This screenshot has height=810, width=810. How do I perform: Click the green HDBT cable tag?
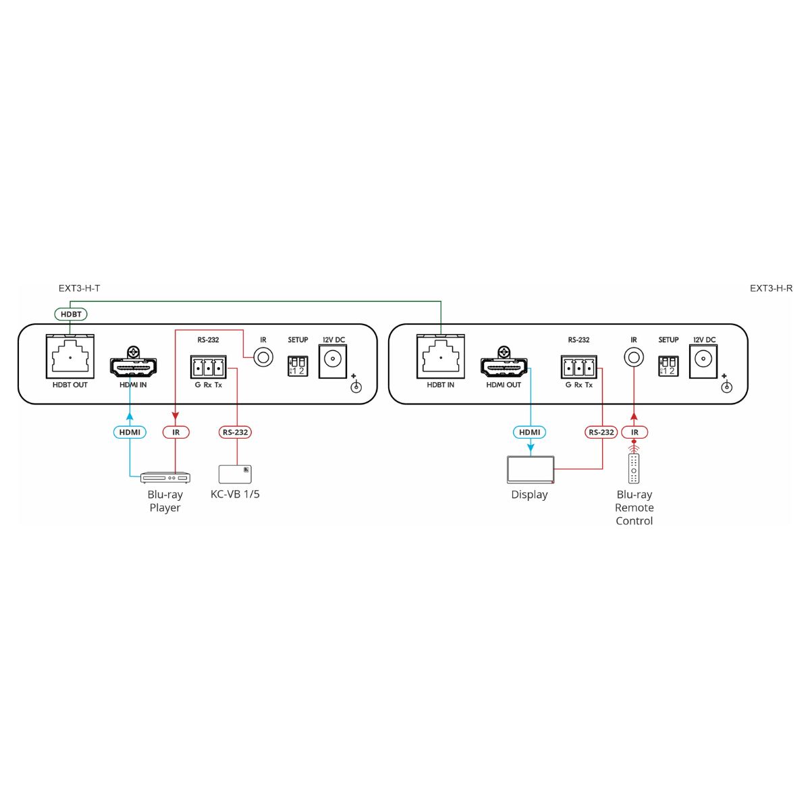click(71, 314)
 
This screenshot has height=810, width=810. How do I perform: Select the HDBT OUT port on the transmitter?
click(70, 356)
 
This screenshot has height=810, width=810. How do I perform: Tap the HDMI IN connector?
click(133, 364)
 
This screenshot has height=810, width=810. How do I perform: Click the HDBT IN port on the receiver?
click(441, 356)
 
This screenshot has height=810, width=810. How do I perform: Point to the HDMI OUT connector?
click(504, 364)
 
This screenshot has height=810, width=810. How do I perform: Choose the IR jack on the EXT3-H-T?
click(263, 358)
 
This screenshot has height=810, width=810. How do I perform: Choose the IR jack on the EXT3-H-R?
click(634, 358)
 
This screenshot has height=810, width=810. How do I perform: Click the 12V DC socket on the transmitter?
click(333, 361)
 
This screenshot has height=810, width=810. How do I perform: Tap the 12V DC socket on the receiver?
click(703, 361)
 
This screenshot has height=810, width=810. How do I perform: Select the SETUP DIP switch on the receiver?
click(668, 366)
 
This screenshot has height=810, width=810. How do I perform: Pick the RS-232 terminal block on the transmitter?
click(208, 367)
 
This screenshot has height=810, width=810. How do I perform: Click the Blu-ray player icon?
click(165, 477)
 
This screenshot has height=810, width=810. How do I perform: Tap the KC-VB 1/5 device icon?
click(235, 474)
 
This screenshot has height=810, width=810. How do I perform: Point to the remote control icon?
click(633, 468)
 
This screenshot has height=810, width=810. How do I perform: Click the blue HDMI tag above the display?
click(529, 432)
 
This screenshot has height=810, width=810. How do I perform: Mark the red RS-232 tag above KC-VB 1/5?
click(235, 432)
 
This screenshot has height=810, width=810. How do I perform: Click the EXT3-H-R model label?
click(771, 288)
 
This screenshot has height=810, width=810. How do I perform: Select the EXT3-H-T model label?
click(80, 288)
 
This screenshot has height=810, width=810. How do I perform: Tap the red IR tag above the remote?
click(634, 432)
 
